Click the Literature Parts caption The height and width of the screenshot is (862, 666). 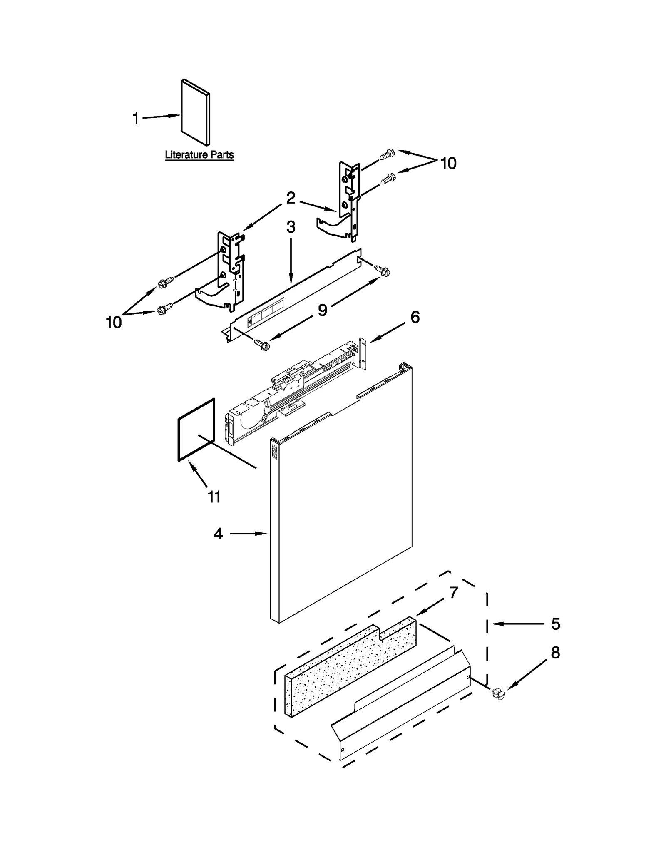coord(199,155)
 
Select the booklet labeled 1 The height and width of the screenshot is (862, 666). coord(196,112)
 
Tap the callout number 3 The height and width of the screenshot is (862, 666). coord(291,227)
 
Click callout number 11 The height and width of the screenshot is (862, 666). coord(214,497)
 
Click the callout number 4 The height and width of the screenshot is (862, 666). coord(218,534)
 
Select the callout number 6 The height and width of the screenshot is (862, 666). coord(415,317)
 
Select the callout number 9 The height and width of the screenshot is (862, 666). coord(323,310)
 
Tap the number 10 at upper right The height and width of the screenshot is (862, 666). coord(448,164)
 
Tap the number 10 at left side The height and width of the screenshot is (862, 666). coord(114,322)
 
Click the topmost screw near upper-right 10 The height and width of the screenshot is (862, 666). coord(387,155)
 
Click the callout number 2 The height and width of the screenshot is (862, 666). coord(291,198)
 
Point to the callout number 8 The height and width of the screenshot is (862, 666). coord(555,653)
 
